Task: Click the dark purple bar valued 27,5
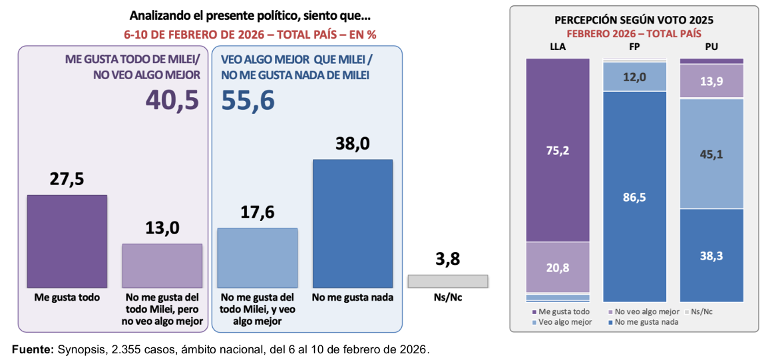tap(67, 241)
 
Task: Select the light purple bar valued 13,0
tap(162, 266)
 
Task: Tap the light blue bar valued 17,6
tap(258, 258)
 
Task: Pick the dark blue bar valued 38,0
tap(353, 224)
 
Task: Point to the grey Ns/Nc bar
tap(448, 281)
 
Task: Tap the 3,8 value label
tap(447, 259)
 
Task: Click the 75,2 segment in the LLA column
tap(558, 150)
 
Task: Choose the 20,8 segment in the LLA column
tap(558, 267)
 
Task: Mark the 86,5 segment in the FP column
tap(634, 197)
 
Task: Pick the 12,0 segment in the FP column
tap(634, 77)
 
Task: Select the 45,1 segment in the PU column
tap(711, 154)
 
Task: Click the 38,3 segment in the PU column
tap(711, 256)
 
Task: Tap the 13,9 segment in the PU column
tap(711, 81)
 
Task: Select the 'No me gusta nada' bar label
tap(353, 297)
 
